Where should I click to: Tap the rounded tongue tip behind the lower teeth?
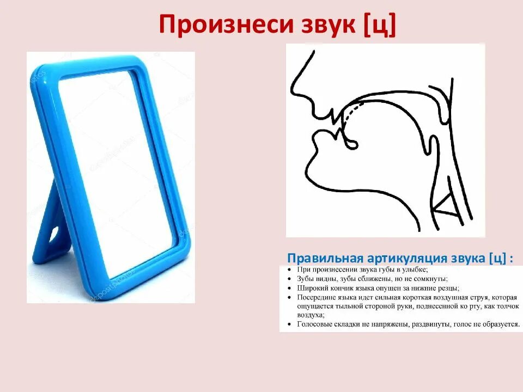[351, 144]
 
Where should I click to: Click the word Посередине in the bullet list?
[318, 297]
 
